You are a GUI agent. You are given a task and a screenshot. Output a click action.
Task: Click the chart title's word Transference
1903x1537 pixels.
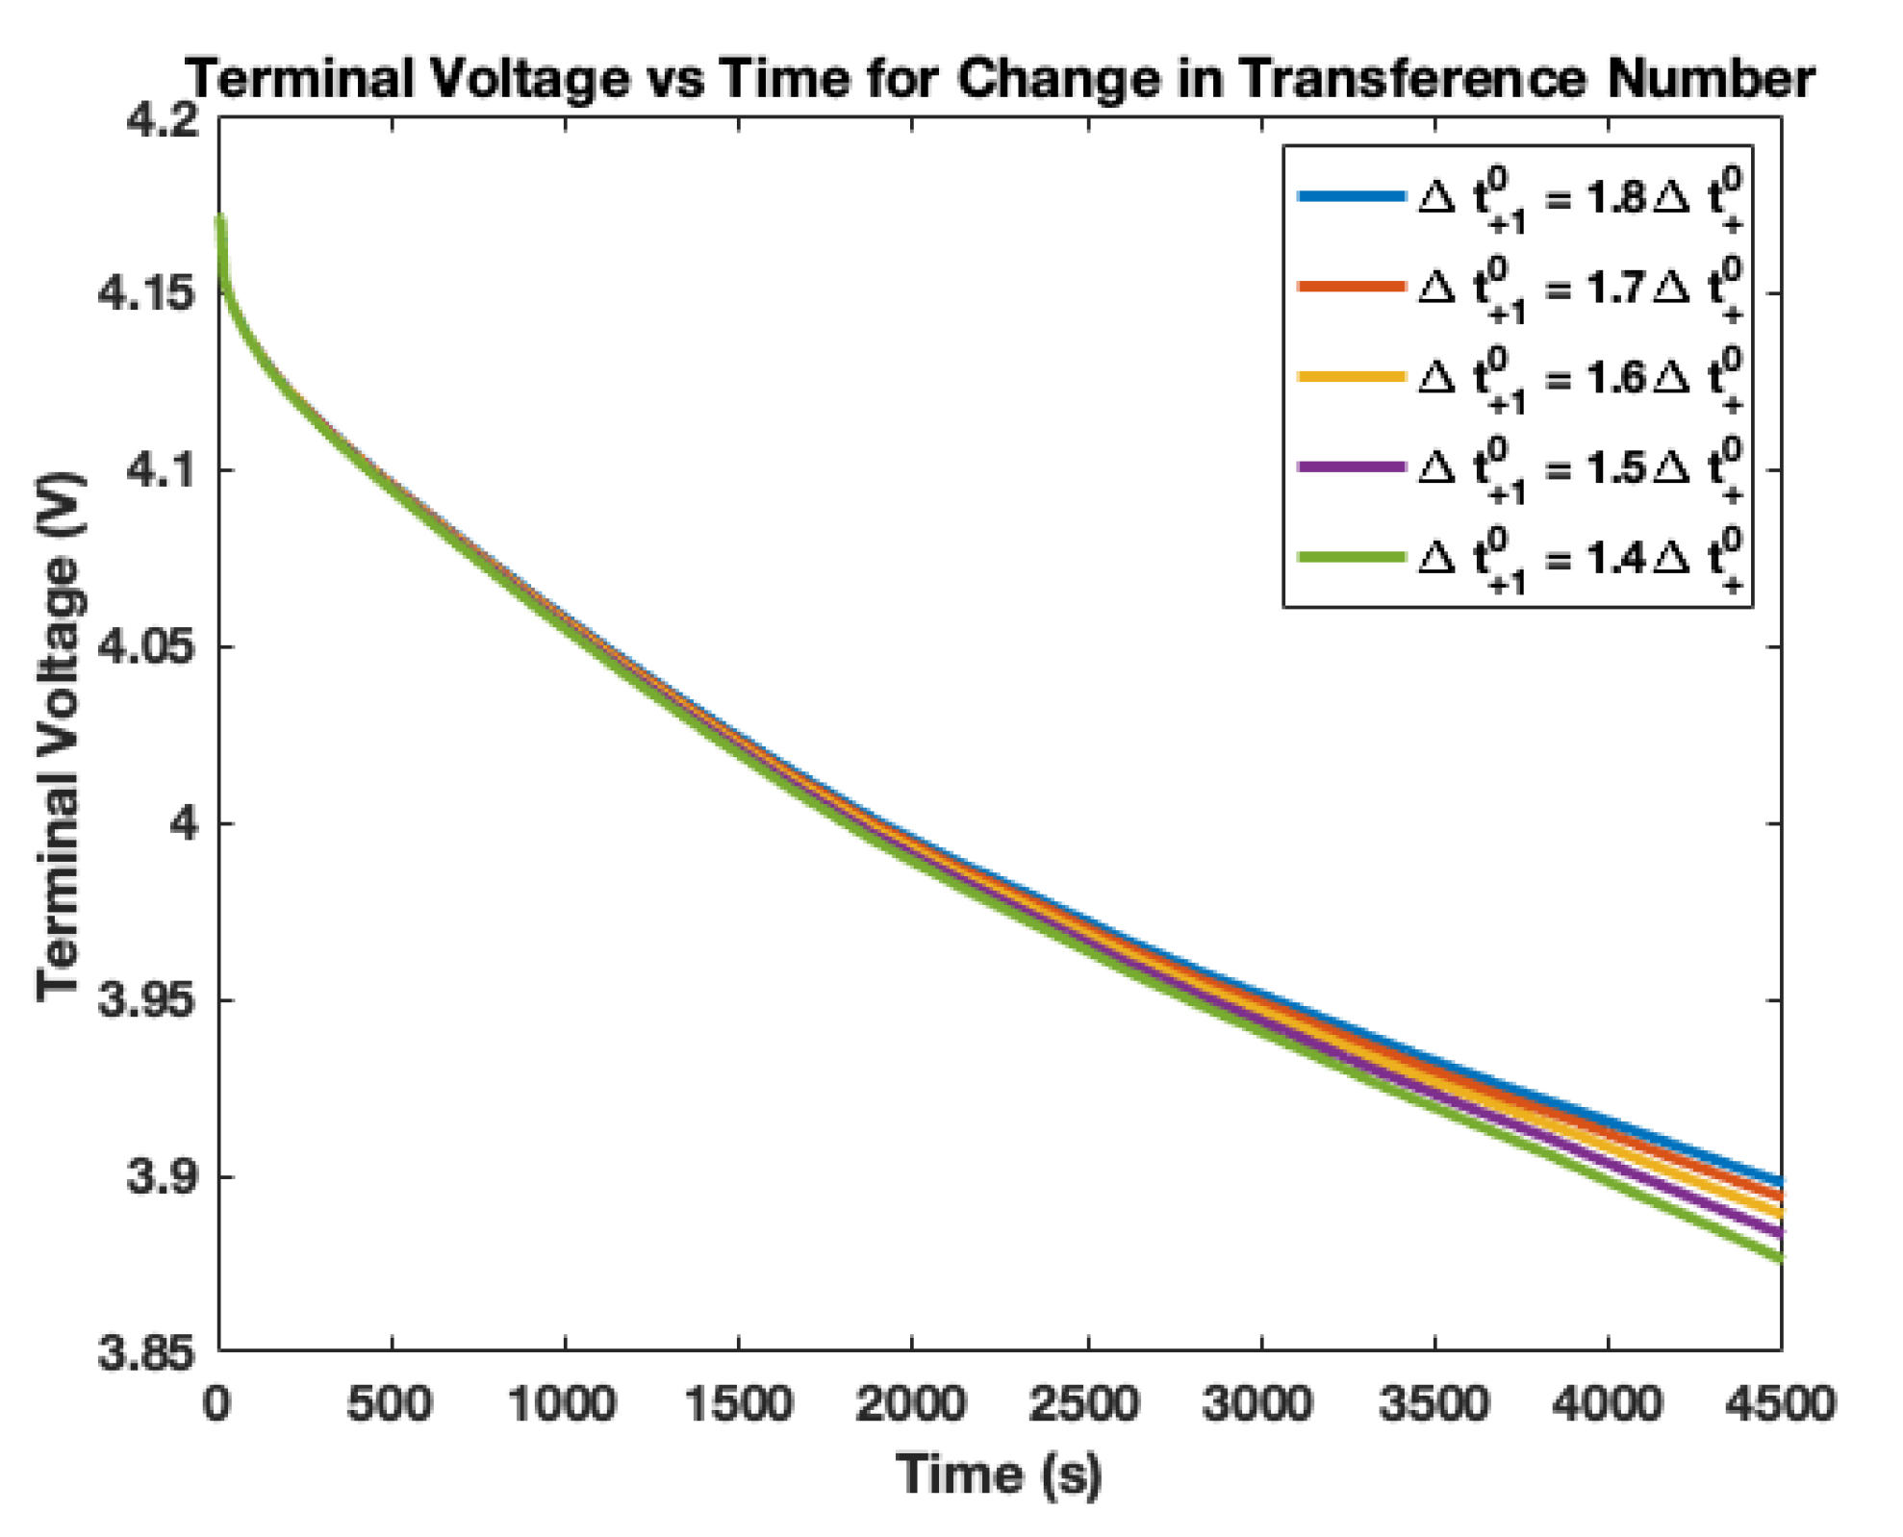click(x=1412, y=79)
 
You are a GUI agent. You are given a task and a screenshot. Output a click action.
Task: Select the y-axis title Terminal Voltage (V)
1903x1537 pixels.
click(x=60, y=736)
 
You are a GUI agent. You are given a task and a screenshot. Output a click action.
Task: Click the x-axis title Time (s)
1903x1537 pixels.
click(x=999, y=1474)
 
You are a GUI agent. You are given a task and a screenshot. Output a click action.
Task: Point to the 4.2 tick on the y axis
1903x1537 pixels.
click(x=162, y=121)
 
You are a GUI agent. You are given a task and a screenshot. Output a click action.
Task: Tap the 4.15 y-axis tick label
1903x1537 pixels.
click(x=147, y=293)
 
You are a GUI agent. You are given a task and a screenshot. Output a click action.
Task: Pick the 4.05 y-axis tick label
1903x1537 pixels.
click(x=147, y=646)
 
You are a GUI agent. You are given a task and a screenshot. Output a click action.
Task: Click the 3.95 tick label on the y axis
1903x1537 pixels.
click(x=147, y=1000)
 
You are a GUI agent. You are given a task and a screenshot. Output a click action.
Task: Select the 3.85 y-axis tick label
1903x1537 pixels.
click(x=147, y=1353)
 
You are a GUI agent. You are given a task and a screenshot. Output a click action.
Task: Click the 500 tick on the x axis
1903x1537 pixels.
click(x=390, y=1404)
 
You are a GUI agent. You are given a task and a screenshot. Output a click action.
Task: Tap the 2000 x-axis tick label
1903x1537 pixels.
click(x=910, y=1404)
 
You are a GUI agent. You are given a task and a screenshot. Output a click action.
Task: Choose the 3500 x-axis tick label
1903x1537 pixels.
click(x=1434, y=1404)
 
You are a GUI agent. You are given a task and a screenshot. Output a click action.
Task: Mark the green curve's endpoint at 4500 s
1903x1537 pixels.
click(x=1779, y=1257)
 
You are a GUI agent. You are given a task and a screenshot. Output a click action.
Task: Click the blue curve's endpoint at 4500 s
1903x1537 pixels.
click(x=1779, y=1181)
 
